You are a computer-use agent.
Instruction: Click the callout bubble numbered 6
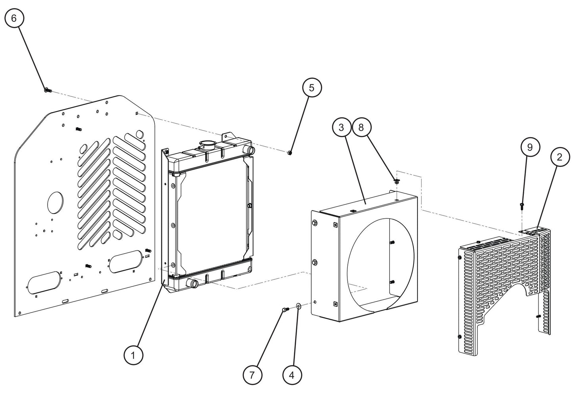pyautogui.click(x=14, y=19)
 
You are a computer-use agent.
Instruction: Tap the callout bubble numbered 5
pyautogui.click(x=312, y=88)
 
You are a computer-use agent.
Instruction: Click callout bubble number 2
pyautogui.click(x=559, y=157)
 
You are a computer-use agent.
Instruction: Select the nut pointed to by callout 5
pyautogui.click(x=290, y=153)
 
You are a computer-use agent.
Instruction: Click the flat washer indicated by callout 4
pyautogui.click(x=298, y=306)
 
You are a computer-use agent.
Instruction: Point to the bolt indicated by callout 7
pyautogui.click(x=284, y=310)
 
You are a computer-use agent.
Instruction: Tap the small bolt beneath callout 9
pyautogui.click(x=522, y=205)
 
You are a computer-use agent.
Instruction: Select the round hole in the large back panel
pyautogui.click(x=55, y=202)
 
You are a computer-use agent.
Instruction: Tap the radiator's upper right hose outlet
pyautogui.click(x=250, y=150)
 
